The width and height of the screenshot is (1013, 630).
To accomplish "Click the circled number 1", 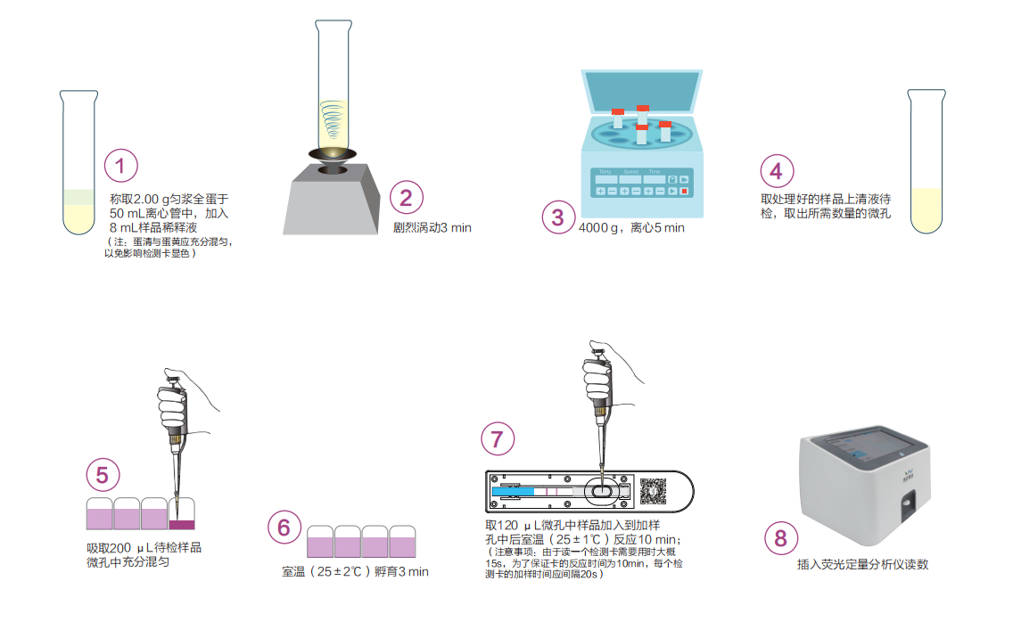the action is (120, 166).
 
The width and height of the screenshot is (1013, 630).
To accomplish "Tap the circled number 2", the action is (407, 198).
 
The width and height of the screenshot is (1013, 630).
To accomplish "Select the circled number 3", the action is (558, 217).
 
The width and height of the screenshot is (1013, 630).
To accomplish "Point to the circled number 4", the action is (777, 171).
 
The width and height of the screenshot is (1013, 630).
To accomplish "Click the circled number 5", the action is (103, 475).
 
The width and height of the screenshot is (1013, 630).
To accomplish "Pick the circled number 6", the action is (284, 528).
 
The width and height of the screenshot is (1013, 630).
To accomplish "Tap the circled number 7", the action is (498, 439).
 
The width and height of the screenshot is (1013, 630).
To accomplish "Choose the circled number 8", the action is (781, 537).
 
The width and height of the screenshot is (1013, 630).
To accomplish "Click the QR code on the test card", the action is (653, 491).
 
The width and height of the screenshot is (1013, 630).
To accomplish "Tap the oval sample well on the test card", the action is (602, 492).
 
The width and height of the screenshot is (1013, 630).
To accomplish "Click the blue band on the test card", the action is (513, 492).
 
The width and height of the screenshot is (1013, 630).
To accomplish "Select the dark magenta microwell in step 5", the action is (182, 524).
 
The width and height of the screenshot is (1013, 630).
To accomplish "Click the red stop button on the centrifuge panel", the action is (684, 191).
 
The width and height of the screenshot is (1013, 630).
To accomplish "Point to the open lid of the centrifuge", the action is (641, 92).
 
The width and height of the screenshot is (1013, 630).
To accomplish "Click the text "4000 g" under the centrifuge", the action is (598, 228).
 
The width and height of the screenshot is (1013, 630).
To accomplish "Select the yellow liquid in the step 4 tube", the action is (927, 209).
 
